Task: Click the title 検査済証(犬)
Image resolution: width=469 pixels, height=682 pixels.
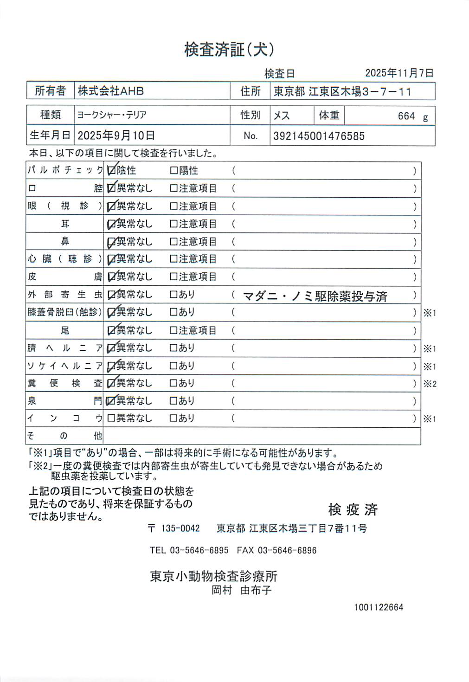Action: coord(229,49)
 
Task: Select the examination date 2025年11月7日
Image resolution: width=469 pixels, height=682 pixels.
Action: coord(399,73)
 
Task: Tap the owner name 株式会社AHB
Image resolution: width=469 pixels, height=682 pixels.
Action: coord(111,91)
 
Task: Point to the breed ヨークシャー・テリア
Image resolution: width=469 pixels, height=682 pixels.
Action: coord(112,115)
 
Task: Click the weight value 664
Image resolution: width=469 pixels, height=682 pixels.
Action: coord(406,116)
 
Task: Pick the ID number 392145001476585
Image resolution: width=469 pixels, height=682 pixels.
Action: coord(319,136)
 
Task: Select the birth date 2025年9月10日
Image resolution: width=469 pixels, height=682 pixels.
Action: coord(116,135)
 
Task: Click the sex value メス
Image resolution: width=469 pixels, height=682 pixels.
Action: coord(282,116)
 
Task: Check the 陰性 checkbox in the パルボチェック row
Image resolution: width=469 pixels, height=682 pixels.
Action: coord(111,171)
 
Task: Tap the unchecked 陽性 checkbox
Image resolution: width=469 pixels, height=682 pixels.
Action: coord(174,171)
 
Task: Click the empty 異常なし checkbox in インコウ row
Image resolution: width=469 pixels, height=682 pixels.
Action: coord(111,418)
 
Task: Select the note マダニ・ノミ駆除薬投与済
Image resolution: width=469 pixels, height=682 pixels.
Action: coord(315,296)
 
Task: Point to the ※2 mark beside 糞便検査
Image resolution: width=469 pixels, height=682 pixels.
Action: coord(430,384)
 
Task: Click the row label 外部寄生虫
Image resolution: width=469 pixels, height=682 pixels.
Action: coord(64,294)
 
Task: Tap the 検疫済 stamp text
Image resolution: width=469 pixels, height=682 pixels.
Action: coord(353,509)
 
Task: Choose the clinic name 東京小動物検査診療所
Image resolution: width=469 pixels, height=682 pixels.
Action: coord(213,576)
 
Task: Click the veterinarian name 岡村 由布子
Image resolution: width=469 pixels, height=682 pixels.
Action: coord(241,590)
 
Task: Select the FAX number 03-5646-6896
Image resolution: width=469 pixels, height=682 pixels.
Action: coord(287,550)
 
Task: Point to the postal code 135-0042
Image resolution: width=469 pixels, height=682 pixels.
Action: coord(180,528)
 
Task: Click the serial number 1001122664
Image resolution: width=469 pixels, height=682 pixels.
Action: coord(379,607)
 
